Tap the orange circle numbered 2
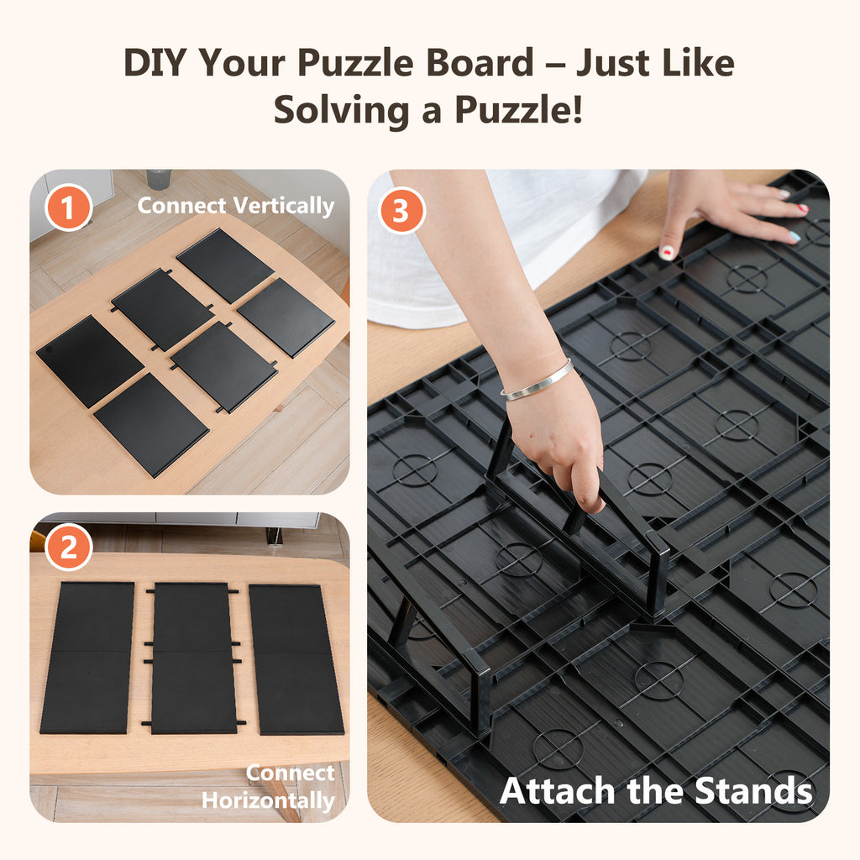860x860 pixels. coord(69,548)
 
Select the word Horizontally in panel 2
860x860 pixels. coord(268,800)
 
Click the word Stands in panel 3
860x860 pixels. coord(752,791)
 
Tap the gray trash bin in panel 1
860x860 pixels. coord(158,179)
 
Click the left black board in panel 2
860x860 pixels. coord(88,657)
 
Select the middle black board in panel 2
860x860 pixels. coord(193,657)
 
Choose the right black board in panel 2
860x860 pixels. coord(296,657)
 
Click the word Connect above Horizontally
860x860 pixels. coord(291,773)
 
